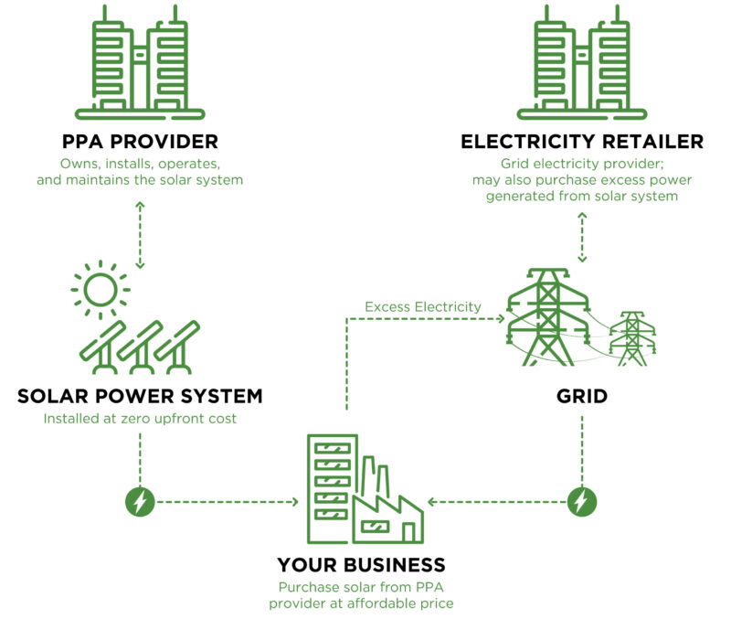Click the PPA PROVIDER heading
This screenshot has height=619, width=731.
tap(140, 142)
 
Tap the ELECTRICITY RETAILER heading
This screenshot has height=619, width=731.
tap(582, 142)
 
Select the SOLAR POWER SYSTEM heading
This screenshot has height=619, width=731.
tap(140, 396)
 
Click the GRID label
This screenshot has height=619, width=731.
tap(582, 396)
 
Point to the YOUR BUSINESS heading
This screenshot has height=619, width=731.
tap(361, 565)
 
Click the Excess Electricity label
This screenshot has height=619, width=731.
tap(423, 307)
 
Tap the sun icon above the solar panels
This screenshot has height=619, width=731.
tap(101, 290)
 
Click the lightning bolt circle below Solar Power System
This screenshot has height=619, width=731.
tap(140, 502)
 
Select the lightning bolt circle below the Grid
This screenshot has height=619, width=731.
tap(582, 502)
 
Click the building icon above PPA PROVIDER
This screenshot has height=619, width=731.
tap(140, 62)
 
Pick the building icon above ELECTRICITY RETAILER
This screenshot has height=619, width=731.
tap(582, 62)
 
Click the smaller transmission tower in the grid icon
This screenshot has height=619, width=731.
tap(632, 338)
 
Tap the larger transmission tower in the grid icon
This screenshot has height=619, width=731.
tap(547, 317)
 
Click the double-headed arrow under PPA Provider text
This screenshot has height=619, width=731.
tap(140, 235)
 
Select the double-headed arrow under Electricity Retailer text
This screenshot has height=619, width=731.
tap(582, 238)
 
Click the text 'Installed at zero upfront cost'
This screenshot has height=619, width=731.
tap(140, 419)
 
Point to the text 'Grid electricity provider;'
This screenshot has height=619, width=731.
tap(582, 164)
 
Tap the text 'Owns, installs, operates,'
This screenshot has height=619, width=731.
tap(140, 164)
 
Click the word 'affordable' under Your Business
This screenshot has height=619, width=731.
tap(382, 603)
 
